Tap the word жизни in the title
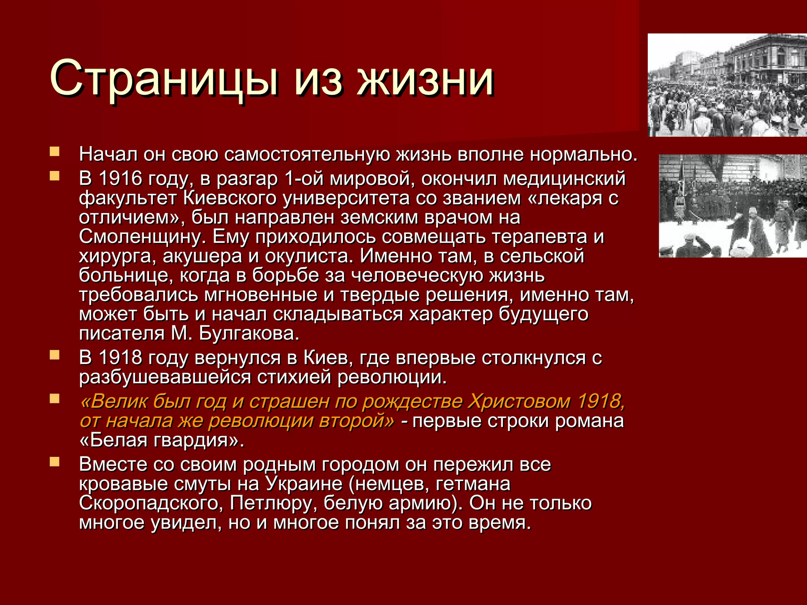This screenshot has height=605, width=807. pos(426,78)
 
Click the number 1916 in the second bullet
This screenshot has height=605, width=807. pos(120,179)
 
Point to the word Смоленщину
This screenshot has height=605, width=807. pos(142,237)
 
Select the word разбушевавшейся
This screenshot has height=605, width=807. pos(165,377)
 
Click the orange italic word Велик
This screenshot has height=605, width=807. pos(115,402)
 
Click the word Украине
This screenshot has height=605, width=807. pos(304,484)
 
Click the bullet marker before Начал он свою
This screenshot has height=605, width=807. pos(54,152)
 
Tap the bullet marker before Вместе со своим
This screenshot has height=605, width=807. pos(54,462)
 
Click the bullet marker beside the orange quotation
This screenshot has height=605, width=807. pos(54,399)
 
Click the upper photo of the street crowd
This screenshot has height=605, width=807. pos(727,85)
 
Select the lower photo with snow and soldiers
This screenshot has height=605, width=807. pos(733,206)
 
